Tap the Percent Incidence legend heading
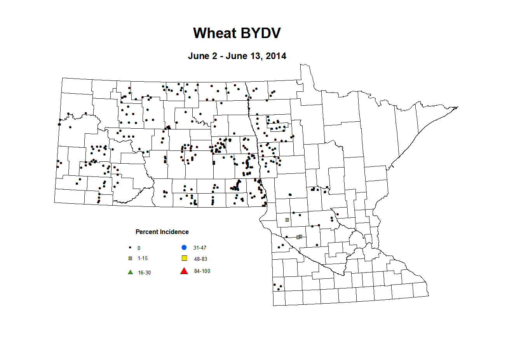point(162,232)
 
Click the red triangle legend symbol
point(184,271)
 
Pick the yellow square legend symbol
point(185,258)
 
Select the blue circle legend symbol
point(184,247)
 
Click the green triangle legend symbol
point(131,272)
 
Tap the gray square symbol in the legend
point(131,258)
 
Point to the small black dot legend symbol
point(130,248)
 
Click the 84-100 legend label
point(202,271)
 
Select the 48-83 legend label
point(200,259)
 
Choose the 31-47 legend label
point(200,248)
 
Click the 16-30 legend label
point(144,273)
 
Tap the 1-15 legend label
point(143,259)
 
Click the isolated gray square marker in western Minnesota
point(287,220)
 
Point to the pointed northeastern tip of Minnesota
point(458,107)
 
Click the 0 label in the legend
point(139,248)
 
